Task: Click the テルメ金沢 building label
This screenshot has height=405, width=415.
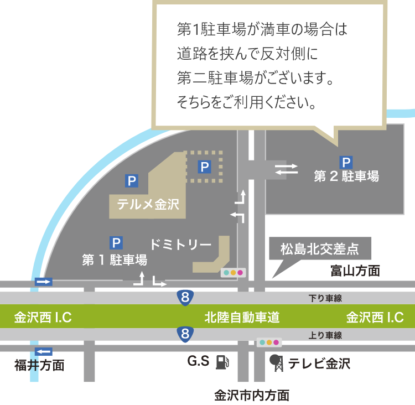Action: pyautogui.click(x=148, y=204)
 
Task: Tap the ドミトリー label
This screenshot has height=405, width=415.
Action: pyautogui.click(x=181, y=244)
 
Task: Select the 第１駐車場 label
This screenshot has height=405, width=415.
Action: pyautogui.click(x=115, y=259)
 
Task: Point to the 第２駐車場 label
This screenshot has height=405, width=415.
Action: pyautogui.click(x=346, y=176)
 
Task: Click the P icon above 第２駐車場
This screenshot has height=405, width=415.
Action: pyautogui.click(x=346, y=162)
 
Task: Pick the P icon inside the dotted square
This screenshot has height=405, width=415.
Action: pyautogui.click(x=205, y=166)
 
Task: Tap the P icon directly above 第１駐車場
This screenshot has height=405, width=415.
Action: pyautogui.click(x=116, y=242)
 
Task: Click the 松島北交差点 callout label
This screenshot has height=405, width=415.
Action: pyautogui.click(x=319, y=249)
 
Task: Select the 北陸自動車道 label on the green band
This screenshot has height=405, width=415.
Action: pyautogui.click(x=242, y=318)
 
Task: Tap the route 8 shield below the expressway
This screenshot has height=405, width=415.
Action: pyautogui.click(x=185, y=334)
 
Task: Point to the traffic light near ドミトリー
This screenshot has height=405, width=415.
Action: pyautogui.click(x=232, y=272)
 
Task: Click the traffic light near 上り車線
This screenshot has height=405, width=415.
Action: pyautogui.click(x=269, y=342)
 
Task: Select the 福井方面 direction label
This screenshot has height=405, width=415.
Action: pyautogui.click(x=39, y=366)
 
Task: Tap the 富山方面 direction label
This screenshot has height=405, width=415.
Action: pyautogui.click(x=355, y=271)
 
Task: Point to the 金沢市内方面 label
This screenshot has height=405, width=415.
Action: pyautogui.click(x=251, y=395)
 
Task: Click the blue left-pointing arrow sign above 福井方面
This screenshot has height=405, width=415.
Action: pyautogui.click(x=43, y=351)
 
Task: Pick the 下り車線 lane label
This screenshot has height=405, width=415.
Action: pyautogui.click(x=325, y=298)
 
